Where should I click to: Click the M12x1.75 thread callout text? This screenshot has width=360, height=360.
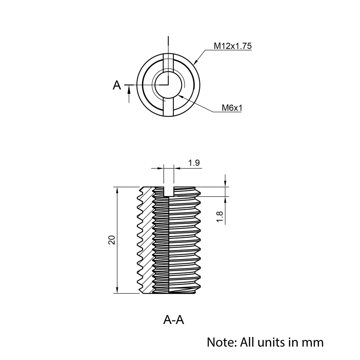[233, 46]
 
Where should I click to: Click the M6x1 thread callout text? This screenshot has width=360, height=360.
[231, 108]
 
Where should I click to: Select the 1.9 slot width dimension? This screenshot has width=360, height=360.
[194, 163]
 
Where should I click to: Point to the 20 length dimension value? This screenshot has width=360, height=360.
[112, 240]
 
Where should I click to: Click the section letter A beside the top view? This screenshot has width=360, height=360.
[117, 85]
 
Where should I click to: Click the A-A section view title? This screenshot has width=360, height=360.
[174, 320]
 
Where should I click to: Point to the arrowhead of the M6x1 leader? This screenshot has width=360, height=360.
[180, 96]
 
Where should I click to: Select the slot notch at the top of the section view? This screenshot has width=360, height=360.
[168, 191]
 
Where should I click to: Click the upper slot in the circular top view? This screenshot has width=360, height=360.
[168, 63]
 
